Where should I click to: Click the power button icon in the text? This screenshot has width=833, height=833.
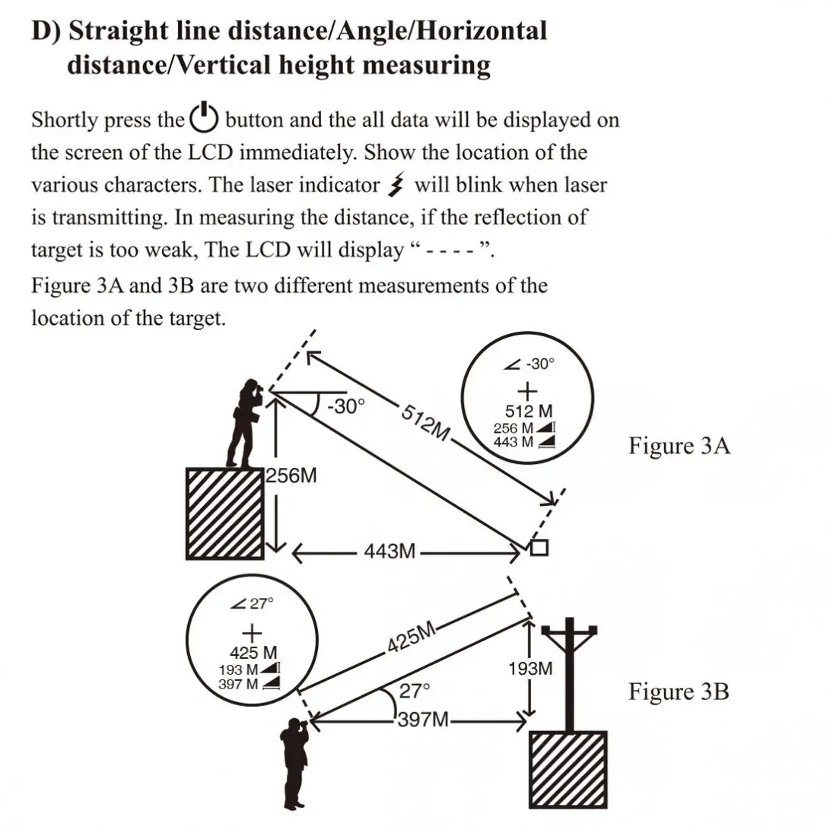coord(204,117)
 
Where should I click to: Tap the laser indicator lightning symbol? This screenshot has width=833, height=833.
coord(396,185)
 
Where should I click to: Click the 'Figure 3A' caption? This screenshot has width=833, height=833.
coord(679,446)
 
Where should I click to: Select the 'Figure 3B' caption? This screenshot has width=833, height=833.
coord(678,692)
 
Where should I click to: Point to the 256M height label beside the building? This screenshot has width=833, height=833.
coord(291,476)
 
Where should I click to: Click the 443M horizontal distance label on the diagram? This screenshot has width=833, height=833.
coord(389,551)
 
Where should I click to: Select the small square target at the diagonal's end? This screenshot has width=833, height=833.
coord(539,548)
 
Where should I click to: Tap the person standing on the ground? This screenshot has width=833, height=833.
coord(295,761)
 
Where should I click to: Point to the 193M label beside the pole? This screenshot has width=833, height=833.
coord(529,669)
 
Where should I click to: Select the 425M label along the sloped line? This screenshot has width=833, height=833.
coord(411,638)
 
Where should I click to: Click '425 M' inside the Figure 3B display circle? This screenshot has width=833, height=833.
coord(253,653)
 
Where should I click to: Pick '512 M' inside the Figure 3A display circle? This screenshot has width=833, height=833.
coord(529,412)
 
